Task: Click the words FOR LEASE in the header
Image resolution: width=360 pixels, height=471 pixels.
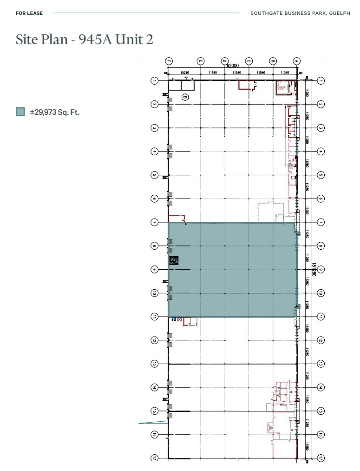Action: point(29,13)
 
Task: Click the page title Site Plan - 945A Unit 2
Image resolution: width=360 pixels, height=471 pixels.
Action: point(85,40)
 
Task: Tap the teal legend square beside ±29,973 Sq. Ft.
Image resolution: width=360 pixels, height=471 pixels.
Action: point(20,112)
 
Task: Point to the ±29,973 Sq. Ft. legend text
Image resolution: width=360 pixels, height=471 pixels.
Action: point(55,112)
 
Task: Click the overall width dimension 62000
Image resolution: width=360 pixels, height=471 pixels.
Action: point(232,66)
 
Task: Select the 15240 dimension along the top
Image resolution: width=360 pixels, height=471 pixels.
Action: point(184,73)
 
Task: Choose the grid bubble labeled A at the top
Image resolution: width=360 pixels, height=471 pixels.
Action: point(297,60)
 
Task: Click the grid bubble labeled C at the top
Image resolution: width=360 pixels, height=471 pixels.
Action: point(249,60)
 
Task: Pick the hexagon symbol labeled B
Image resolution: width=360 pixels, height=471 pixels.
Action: point(185,97)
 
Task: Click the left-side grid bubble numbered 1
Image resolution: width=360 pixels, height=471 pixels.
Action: point(155,81)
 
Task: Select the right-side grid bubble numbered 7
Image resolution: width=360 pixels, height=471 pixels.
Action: point(321,222)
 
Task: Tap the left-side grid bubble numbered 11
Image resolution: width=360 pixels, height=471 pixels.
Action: point(155,317)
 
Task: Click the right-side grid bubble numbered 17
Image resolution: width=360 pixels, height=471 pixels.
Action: point(321,458)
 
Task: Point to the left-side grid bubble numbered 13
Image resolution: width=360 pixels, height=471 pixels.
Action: point(155,364)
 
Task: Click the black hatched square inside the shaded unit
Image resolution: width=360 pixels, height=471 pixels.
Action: point(174,260)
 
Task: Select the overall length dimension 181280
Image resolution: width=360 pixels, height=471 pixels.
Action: point(314,270)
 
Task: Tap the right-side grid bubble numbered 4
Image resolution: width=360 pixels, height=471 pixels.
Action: point(321,152)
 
